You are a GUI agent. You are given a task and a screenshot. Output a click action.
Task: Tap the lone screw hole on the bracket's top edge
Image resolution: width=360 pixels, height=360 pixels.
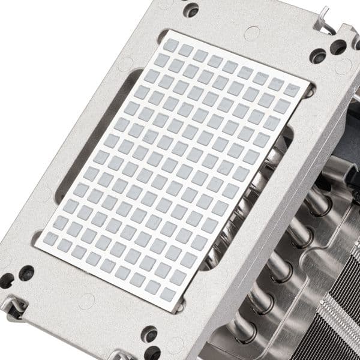tap(191, 10)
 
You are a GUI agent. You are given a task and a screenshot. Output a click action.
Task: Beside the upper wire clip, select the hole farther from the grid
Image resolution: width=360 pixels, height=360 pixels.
tap(338, 46)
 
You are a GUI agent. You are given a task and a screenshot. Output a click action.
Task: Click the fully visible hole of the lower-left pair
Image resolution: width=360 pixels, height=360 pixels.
tap(26, 273)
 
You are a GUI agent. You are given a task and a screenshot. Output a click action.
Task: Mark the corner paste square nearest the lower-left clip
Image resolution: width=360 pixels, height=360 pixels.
tap(51, 239)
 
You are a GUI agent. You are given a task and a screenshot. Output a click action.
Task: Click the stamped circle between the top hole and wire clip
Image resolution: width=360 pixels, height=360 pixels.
tap(252, 32)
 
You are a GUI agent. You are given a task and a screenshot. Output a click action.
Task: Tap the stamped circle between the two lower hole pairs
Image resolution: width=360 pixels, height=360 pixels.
tap(86, 300)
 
